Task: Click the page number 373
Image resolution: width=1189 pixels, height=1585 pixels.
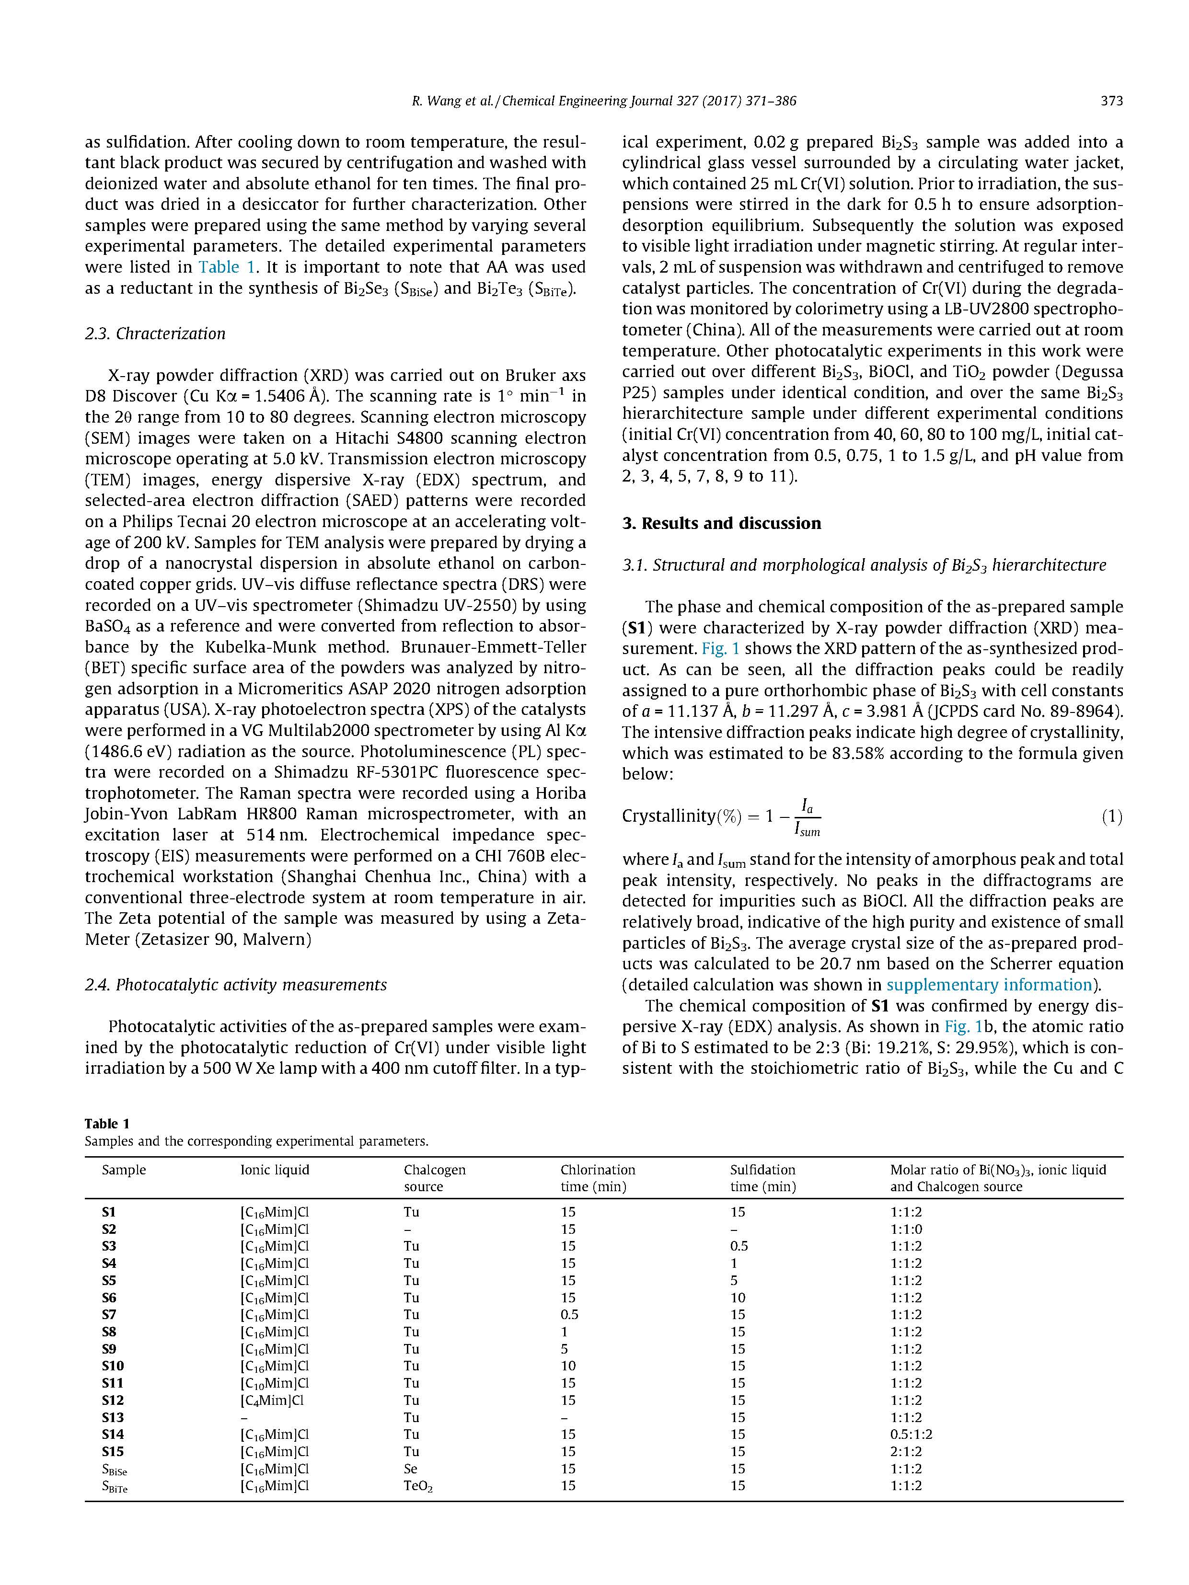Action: point(1111,101)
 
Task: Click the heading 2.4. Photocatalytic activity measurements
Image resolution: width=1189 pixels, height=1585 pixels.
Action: point(236,985)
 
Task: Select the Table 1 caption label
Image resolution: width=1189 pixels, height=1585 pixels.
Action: point(107,1124)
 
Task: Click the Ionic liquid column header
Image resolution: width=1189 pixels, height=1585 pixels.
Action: point(275,1170)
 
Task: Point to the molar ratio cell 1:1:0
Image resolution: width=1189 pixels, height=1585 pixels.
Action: point(906,1229)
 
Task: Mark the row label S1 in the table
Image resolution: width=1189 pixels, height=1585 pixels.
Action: point(109,1212)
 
